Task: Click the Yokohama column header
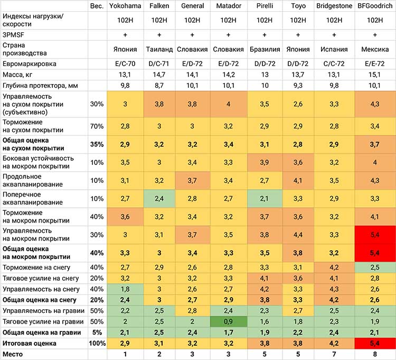(x=125, y=6)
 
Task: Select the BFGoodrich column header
(x=375, y=6)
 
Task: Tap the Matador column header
(x=229, y=6)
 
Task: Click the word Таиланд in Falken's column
(x=159, y=49)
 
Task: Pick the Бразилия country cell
(x=265, y=49)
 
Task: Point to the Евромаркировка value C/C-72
(x=334, y=64)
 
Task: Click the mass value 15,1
(x=374, y=75)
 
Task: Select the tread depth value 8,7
(x=159, y=86)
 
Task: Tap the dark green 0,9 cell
(x=228, y=321)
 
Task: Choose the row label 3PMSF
(x=13, y=35)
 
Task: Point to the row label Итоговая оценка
(x=29, y=343)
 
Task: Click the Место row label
(x=13, y=354)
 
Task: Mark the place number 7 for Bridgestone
(x=334, y=354)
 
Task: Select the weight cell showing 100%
(x=97, y=343)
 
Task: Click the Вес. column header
(x=97, y=6)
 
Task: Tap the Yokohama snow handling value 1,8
(x=125, y=289)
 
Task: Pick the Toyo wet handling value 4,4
(x=298, y=235)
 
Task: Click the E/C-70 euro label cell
(x=125, y=64)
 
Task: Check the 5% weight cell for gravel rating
(x=97, y=333)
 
